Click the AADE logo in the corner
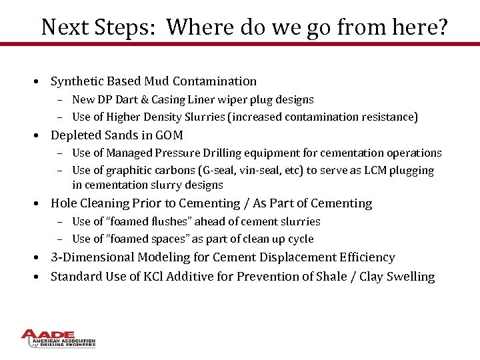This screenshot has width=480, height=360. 58,339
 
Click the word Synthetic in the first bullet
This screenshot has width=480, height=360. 75,81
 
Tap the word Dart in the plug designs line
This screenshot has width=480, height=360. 132,100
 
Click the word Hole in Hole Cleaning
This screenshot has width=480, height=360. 64,203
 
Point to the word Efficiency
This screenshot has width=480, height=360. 364,257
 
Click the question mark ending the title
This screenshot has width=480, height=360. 442,27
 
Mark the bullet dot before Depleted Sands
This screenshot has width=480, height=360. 41,136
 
